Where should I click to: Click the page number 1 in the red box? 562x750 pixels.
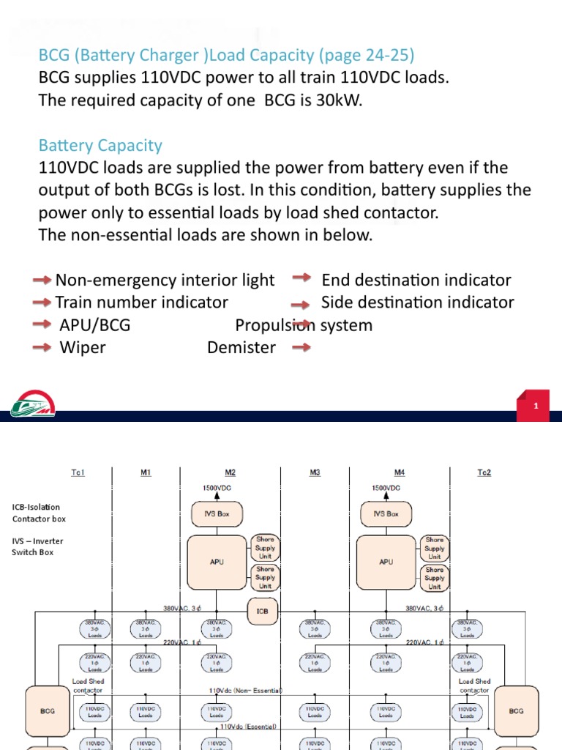click(x=536, y=406)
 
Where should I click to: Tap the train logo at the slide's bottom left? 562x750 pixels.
click(x=33, y=407)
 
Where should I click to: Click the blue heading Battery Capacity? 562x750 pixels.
click(x=100, y=146)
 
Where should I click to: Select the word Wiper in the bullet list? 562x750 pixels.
click(x=82, y=347)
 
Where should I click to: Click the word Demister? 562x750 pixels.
click(x=241, y=347)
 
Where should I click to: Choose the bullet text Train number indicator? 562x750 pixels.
click(x=141, y=302)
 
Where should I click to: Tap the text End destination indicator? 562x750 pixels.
click(x=416, y=280)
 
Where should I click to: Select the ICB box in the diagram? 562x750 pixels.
click(x=263, y=610)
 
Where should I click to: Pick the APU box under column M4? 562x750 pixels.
click(x=386, y=562)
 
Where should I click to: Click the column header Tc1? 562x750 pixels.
click(x=78, y=472)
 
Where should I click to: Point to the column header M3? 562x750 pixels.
click(x=315, y=472)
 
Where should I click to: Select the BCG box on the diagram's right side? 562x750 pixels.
click(x=515, y=710)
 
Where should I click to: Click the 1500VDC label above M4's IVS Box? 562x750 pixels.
click(x=386, y=487)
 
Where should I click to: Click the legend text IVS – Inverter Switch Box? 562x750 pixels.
click(x=37, y=546)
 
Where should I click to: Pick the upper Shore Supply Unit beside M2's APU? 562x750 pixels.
click(x=265, y=548)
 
